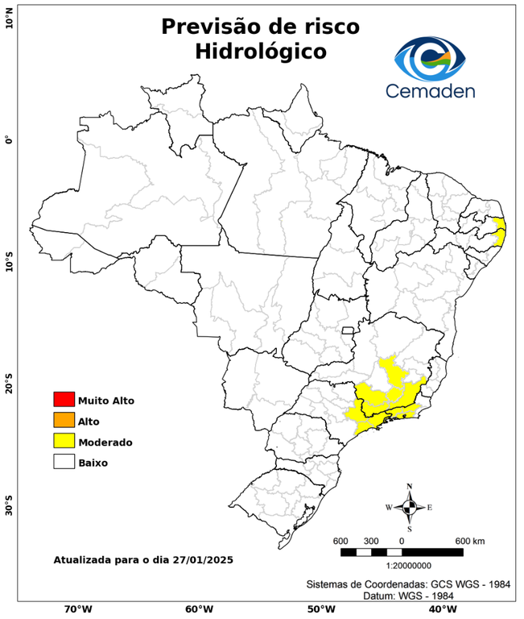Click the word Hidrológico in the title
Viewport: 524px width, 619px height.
point(260,52)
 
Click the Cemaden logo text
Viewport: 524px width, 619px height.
point(430,90)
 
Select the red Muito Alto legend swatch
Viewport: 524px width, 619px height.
point(64,399)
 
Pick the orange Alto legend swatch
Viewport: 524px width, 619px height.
point(64,420)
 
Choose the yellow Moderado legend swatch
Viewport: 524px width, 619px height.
point(64,441)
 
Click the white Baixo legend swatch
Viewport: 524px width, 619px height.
point(64,462)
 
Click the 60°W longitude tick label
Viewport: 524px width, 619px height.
point(199,609)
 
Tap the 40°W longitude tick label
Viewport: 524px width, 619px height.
point(440,609)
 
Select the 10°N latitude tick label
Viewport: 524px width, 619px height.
point(9,20)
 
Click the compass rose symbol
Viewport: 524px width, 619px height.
point(409,507)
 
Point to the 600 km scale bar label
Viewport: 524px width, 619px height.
point(469,540)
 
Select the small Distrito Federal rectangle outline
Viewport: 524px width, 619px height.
point(349,330)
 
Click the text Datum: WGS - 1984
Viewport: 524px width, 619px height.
point(408,596)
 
